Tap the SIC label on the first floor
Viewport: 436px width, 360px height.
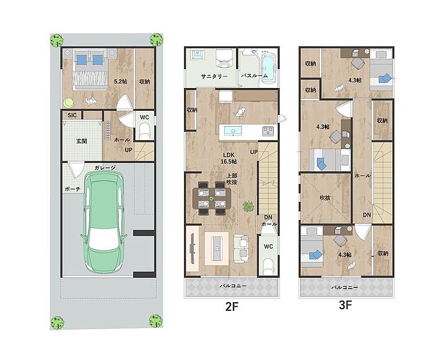click(x=72, y=115)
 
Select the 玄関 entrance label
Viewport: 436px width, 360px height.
click(x=82, y=141)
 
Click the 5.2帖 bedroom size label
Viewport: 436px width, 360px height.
click(x=121, y=82)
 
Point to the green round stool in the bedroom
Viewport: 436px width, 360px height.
click(x=69, y=102)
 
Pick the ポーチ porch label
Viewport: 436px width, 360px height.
click(x=73, y=189)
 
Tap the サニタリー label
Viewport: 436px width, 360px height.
click(x=214, y=76)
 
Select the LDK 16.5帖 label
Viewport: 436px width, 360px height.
click(x=229, y=158)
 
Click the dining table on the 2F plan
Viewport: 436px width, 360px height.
click(x=212, y=198)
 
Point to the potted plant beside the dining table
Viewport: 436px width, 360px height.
click(x=249, y=206)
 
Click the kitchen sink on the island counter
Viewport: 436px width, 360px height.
click(x=233, y=131)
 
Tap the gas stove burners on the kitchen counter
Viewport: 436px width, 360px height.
click(x=268, y=131)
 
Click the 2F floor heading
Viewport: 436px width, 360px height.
click(x=231, y=306)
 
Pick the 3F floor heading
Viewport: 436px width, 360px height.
click(x=346, y=305)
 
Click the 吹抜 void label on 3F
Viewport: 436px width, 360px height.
click(x=325, y=198)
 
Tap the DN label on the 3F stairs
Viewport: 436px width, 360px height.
click(x=367, y=215)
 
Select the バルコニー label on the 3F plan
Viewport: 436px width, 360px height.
click(x=344, y=287)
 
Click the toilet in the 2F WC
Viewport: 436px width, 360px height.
click(x=269, y=266)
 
